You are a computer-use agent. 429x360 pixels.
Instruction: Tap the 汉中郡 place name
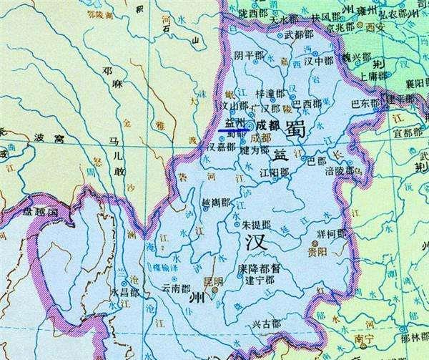coord(318,62)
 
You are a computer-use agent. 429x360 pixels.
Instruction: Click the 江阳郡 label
coord(275,172)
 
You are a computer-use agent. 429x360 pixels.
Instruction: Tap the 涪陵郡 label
coord(339,171)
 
